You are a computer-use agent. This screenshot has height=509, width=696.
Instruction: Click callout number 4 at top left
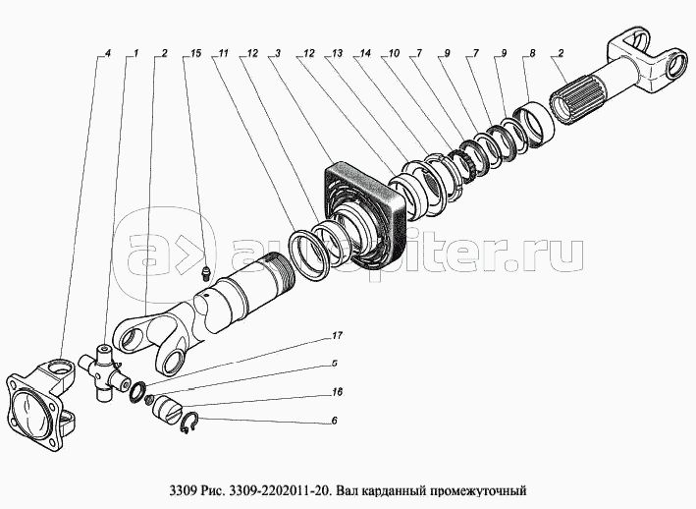pyautogui.click(x=107, y=53)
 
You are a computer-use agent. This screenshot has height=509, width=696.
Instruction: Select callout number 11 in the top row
pyautogui.click(x=223, y=53)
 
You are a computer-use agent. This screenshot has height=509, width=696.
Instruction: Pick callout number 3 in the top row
pyautogui.click(x=278, y=53)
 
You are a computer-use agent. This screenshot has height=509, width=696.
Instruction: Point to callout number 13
pyautogui.click(x=337, y=53)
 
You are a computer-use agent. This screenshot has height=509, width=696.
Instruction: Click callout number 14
pyautogui.click(x=365, y=53)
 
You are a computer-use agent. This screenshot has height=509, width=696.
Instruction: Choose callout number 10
pyautogui.click(x=394, y=53)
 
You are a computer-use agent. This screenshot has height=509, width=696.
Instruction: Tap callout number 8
pyautogui.click(x=532, y=53)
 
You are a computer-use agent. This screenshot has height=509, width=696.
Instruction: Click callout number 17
pyautogui.click(x=337, y=335)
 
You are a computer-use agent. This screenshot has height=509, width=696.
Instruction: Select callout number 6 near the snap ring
pyautogui.click(x=334, y=421)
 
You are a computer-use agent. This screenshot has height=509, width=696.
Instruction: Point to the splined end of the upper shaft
pyautogui.click(x=569, y=102)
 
